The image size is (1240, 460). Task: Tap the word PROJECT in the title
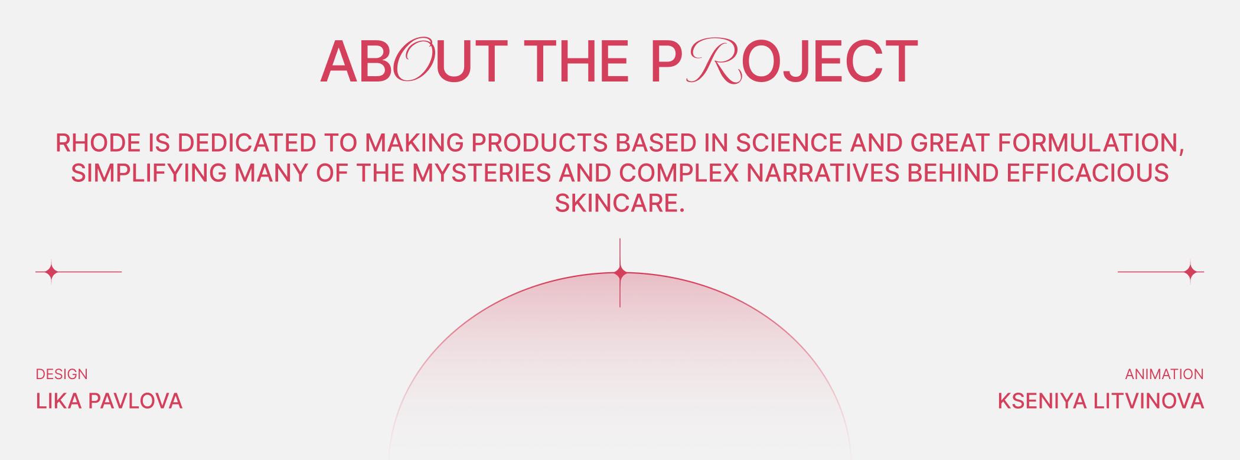[784, 61]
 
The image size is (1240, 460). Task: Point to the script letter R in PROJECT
[713, 61]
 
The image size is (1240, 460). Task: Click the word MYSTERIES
[482, 173]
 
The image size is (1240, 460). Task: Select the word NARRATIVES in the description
[823, 173]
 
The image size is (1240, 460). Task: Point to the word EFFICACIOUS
[1088, 173]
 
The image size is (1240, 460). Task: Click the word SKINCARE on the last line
[619, 203]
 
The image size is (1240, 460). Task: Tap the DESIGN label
[61, 374]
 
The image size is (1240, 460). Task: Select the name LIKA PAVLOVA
[109, 401]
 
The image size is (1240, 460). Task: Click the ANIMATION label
[1164, 374]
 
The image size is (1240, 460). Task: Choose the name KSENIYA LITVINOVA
[1101, 401]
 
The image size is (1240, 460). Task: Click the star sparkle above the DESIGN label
[51, 272]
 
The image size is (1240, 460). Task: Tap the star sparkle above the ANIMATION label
[1190, 272]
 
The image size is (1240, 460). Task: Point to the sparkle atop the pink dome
[620, 273]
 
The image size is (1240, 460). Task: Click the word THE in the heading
[576, 61]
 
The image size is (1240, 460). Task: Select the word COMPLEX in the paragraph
[679, 173]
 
